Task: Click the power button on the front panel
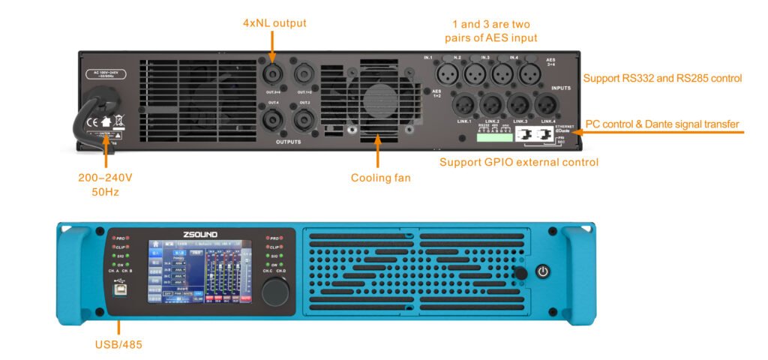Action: tap(543, 271)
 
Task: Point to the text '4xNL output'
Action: tap(274, 23)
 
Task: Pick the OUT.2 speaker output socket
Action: tap(304, 119)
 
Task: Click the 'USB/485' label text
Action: tap(119, 344)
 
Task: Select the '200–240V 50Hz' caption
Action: tap(105, 184)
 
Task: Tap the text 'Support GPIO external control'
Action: tap(519, 161)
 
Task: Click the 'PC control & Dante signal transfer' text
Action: tap(662, 124)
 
